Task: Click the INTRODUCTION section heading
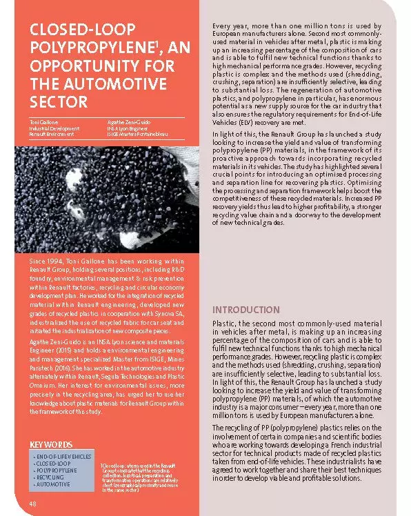coord(245,310)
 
